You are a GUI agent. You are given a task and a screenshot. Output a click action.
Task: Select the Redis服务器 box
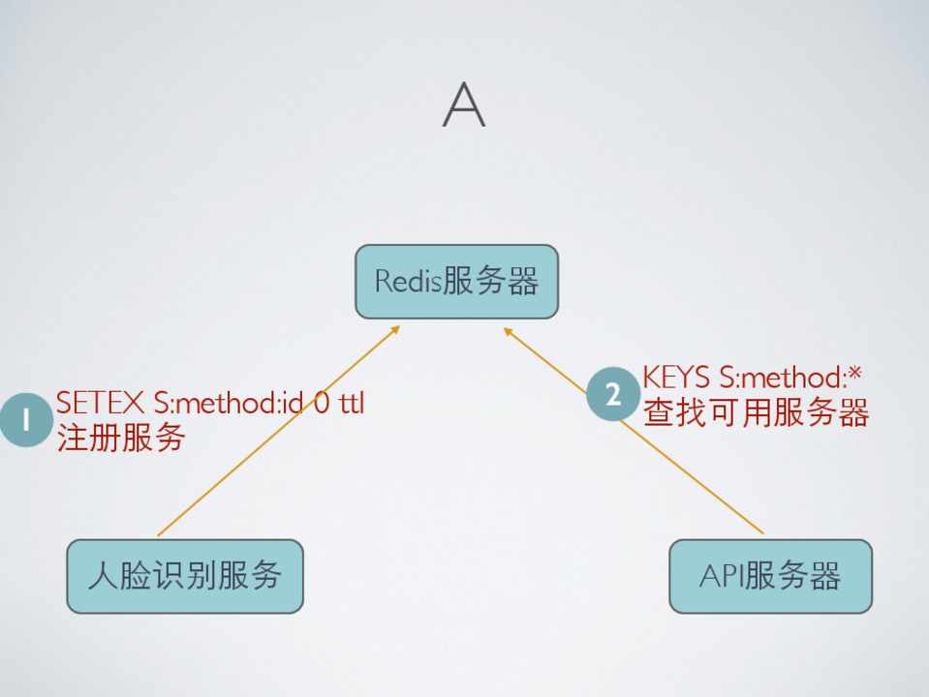pyautogui.click(x=456, y=282)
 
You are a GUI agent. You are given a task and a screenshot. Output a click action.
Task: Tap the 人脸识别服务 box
pyautogui.click(x=184, y=576)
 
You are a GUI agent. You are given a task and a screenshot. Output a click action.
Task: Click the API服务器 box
pyautogui.click(x=770, y=576)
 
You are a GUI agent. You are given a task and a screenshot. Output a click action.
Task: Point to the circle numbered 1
pyautogui.click(x=25, y=419)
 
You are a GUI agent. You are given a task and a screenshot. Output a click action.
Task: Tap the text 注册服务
pyautogui.click(x=120, y=438)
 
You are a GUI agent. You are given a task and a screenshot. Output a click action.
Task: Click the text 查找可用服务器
pyautogui.click(x=756, y=413)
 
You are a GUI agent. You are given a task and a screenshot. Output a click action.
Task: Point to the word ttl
pyautogui.click(x=351, y=403)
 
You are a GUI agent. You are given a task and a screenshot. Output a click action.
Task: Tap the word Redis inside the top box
pyautogui.click(x=408, y=282)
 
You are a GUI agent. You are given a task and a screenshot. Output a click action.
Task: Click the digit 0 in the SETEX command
pyautogui.click(x=321, y=403)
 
